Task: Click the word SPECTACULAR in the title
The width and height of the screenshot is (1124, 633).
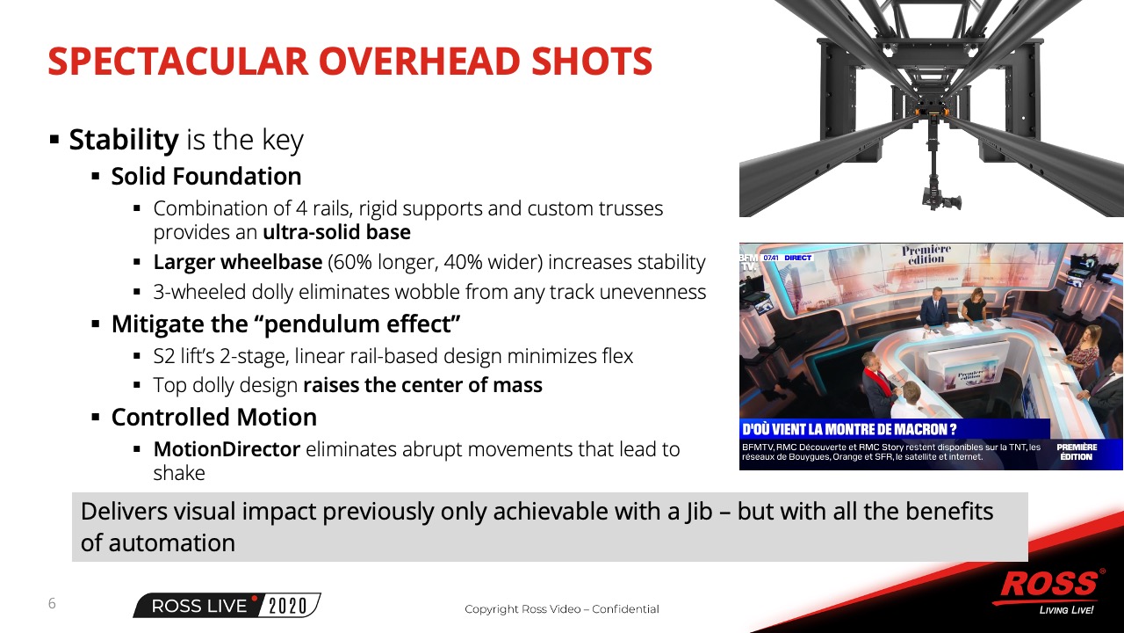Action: click(x=177, y=62)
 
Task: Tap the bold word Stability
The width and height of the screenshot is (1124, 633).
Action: click(x=124, y=140)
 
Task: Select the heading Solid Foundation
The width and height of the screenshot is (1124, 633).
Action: click(x=206, y=177)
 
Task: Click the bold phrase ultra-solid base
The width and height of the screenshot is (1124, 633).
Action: click(x=336, y=232)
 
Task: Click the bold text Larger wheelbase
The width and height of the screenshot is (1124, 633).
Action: click(x=238, y=262)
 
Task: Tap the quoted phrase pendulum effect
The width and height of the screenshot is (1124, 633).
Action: click(x=361, y=324)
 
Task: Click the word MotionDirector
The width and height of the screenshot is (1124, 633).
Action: click(x=227, y=449)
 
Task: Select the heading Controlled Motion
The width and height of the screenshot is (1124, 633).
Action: click(x=214, y=417)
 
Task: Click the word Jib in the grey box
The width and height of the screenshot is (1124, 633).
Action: click(x=698, y=512)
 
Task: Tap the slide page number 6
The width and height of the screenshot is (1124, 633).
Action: click(x=52, y=603)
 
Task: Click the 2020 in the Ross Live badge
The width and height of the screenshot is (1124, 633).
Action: click(x=287, y=606)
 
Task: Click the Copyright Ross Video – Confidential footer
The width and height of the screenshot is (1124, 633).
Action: click(x=561, y=609)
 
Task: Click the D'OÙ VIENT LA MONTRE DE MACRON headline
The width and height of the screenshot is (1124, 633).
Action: click(x=849, y=430)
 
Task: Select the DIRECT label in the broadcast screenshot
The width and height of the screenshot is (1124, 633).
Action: click(x=797, y=258)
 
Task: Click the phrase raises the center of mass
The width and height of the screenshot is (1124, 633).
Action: click(x=422, y=385)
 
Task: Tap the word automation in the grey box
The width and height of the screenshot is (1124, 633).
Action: click(x=171, y=543)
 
